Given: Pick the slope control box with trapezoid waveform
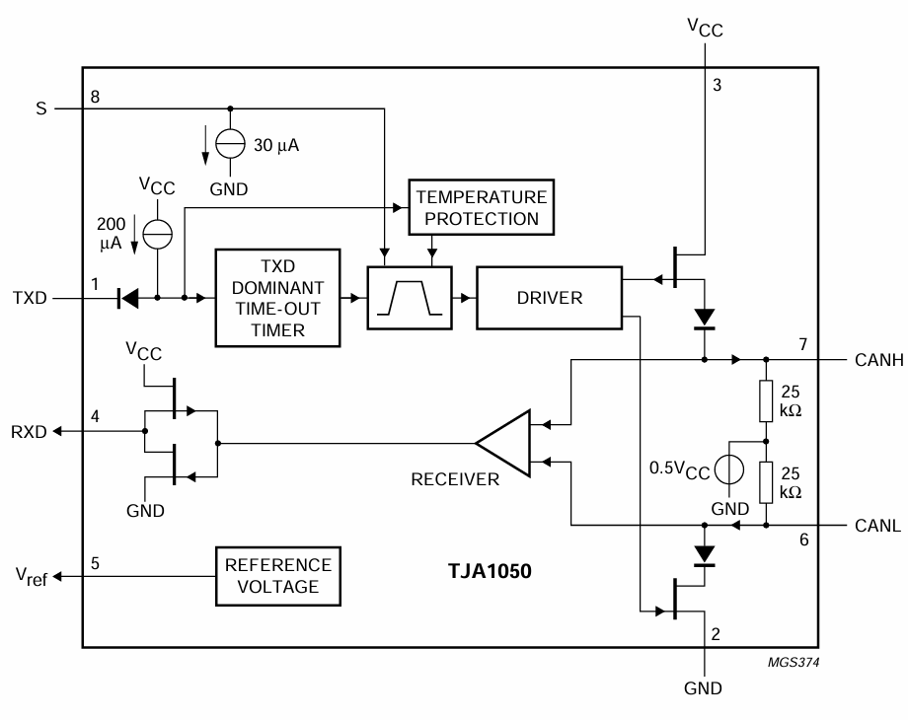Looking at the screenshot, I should (x=409, y=296).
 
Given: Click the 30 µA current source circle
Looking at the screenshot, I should (x=229, y=145).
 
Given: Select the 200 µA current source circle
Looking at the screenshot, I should (x=156, y=233).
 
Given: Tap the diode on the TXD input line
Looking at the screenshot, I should (x=127, y=296).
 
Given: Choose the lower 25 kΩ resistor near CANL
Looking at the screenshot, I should (x=766, y=482).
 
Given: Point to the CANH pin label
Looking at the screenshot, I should (x=872, y=360).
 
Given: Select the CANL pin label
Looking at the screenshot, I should (x=872, y=526).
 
